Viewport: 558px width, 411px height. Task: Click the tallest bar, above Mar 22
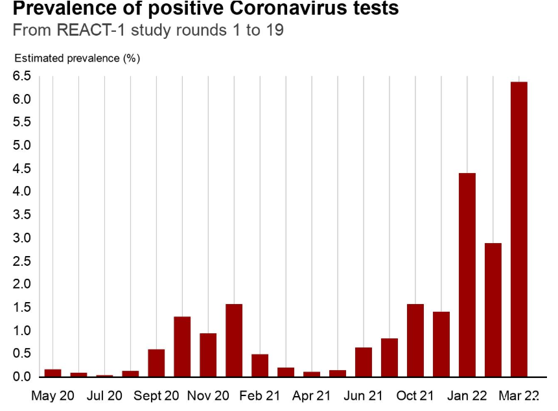point(518,229)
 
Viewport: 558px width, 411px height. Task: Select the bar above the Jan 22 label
point(467,275)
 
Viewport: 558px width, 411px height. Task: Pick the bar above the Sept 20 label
point(156,363)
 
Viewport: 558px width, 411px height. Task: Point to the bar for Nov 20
point(208,355)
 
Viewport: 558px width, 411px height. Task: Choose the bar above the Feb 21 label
point(260,366)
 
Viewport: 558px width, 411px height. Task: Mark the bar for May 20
point(52,373)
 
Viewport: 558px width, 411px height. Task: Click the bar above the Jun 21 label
point(363,362)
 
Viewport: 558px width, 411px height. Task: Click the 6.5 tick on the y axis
point(21,76)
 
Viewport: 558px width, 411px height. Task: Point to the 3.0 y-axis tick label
point(21,238)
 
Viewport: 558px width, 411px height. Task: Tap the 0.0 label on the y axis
point(21,377)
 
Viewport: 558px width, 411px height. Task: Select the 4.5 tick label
point(21,169)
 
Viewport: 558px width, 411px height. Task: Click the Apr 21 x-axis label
point(312,395)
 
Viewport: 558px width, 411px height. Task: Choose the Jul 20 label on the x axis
point(104,395)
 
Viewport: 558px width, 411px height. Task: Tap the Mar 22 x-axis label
point(518,395)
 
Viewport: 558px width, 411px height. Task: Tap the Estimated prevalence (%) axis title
point(77,58)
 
